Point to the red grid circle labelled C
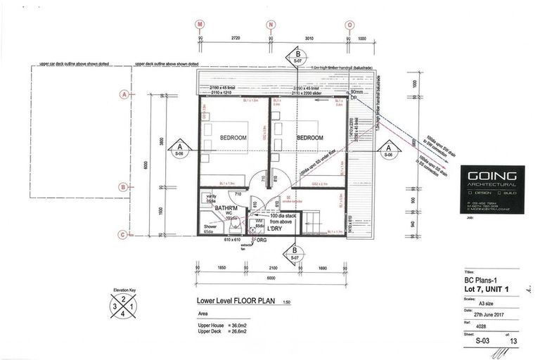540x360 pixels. coord(124,235)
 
